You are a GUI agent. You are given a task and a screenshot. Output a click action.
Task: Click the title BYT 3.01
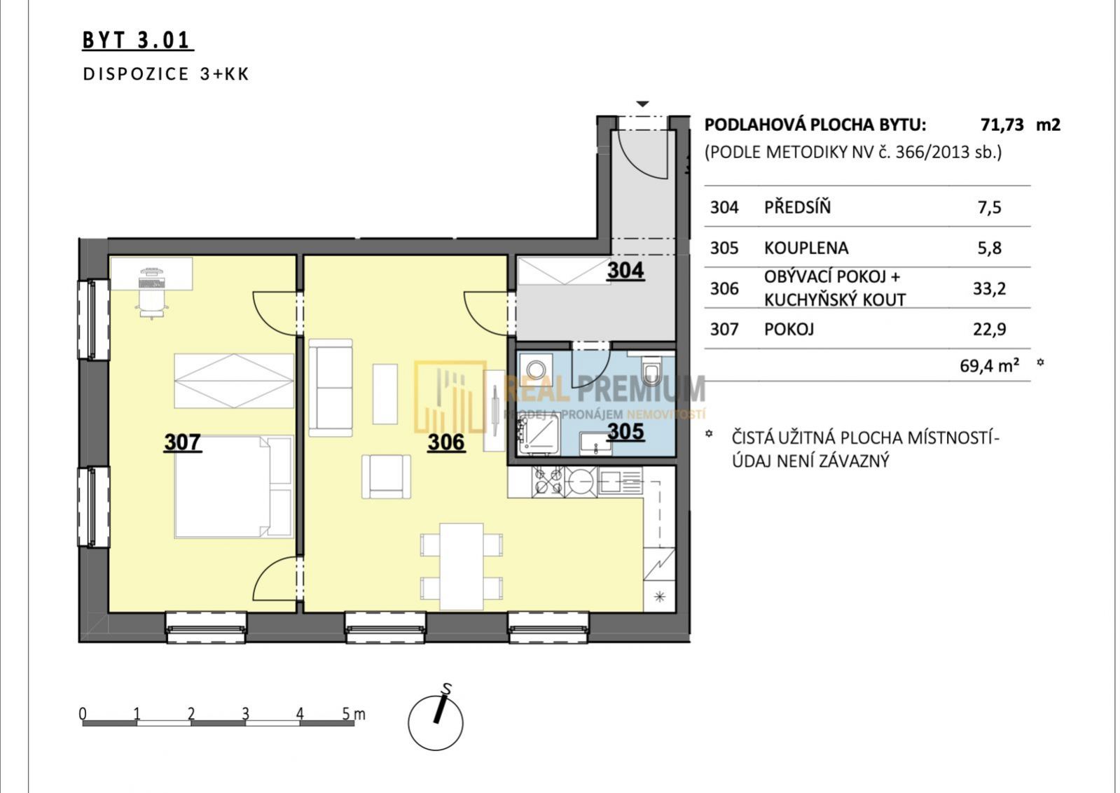pos(138,40)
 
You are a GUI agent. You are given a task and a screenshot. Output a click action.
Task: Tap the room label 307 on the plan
pos(183,442)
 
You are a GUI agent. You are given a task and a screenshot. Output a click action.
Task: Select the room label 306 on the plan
pos(446,442)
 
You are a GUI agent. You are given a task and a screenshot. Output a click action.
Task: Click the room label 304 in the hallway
pos(625,270)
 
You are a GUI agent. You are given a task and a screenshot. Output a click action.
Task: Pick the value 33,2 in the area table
pos(989,288)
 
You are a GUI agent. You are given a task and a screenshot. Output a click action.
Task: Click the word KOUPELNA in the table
pos(806,248)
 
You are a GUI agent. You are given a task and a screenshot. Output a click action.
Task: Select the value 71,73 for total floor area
pos(1002,125)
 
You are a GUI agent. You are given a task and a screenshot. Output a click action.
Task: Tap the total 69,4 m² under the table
pos(989,366)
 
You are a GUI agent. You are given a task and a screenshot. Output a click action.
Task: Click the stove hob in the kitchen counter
pos(548,482)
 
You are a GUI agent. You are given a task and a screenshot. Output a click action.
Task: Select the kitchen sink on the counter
pos(620,482)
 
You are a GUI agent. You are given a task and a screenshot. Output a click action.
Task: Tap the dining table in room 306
pos(462,567)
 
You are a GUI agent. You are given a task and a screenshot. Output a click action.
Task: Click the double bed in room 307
pos(233,487)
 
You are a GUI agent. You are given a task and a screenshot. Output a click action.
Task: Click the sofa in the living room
pos(331,388)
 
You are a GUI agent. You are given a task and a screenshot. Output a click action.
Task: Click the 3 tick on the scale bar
pos(245,713)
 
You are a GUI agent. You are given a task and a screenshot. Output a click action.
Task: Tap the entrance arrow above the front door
pos(642,104)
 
